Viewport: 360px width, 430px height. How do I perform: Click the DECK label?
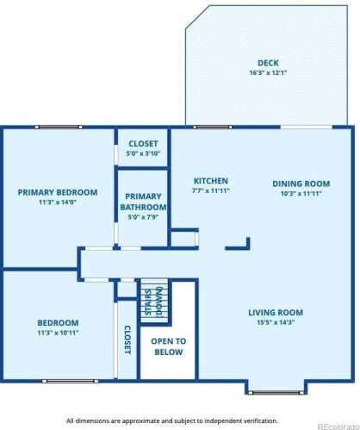tap(268, 63)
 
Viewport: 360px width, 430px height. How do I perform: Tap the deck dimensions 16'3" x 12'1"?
tap(268, 72)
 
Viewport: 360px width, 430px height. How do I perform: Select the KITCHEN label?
tap(211, 181)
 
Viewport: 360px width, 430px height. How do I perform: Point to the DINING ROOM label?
tap(301, 184)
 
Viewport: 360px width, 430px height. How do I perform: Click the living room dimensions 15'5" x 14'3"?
tap(276, 322)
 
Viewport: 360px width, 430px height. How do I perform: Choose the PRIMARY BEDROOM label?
tap(58, 192)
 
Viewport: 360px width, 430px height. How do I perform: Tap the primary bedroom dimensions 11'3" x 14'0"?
tap(58, 203)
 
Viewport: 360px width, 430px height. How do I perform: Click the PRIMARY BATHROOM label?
tap(143, 202)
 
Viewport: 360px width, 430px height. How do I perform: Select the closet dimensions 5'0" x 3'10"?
tap(143, 153)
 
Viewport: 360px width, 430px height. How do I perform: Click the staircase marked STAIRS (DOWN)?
tap(154, 301)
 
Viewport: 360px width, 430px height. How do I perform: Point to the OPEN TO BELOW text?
tap(169, 346)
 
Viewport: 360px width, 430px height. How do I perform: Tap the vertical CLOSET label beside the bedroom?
tap(127, 340)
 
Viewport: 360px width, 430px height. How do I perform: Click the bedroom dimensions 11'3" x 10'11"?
tap(58, 333)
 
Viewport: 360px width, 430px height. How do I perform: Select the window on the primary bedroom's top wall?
tap(59, 127)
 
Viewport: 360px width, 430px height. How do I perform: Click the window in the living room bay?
tap(276, 392)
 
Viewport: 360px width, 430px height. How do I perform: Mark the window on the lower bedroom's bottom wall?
tap(70, 381)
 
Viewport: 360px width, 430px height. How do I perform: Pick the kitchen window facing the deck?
tap(213, 127)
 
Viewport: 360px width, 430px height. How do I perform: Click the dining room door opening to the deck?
tap(307, 127)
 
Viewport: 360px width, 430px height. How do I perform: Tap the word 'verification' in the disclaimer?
tap(261, 421)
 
